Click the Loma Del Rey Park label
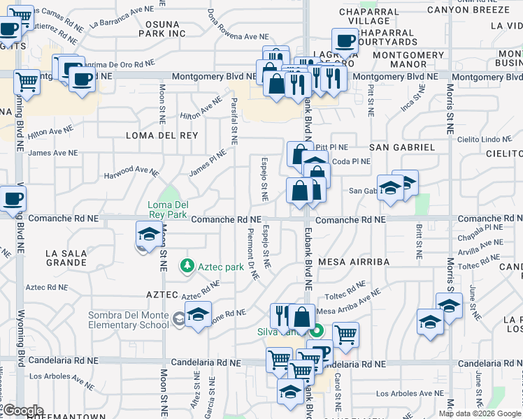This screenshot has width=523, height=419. pyautogui.click(x=167, y=209)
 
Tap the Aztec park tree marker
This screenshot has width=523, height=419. pyautogui.click(x=187, y=266)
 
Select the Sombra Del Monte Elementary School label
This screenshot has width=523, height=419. pyautogui.click(x=129, y=320)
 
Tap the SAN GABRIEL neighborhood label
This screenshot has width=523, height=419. pyautogui.click(x=402, y=147)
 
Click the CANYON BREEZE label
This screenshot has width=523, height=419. pyautogui.click(x=468, y=10)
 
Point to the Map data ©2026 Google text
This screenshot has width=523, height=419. pyautogui.click(x=480, y=413)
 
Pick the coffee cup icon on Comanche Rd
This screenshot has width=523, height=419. pyautogui.click(x=12, y=199)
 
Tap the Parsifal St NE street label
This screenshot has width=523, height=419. pyautogui.click(x=234, y=121)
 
